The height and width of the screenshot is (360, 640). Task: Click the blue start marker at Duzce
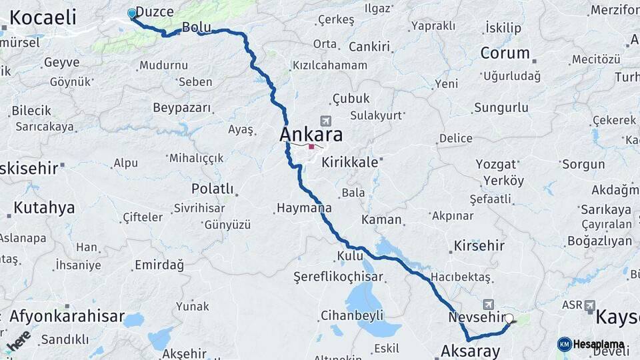132,13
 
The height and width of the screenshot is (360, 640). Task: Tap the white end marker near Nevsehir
509,319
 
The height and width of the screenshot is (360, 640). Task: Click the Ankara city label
311,135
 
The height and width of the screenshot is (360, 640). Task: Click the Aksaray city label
470,351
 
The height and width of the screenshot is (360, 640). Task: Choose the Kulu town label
350,256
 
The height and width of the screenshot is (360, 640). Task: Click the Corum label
505,53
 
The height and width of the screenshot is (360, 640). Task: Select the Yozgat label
496,164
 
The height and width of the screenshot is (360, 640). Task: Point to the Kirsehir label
479,246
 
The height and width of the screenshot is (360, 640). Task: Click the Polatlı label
213,189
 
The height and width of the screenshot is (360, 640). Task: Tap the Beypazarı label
182,107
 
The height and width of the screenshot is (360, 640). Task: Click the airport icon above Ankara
325,121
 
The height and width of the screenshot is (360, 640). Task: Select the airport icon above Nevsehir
490,304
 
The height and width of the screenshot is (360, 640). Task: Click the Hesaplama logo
591,344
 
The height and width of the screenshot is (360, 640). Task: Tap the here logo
18,341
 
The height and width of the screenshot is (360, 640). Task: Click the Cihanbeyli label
350,315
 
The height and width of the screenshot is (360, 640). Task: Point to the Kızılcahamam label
329,65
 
